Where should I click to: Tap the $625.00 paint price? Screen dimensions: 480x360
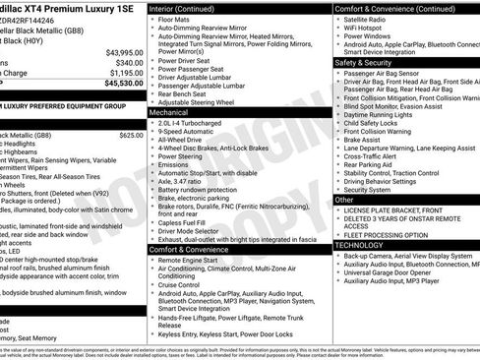click(131, 135)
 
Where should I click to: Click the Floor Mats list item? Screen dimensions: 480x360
click(174, 20)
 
